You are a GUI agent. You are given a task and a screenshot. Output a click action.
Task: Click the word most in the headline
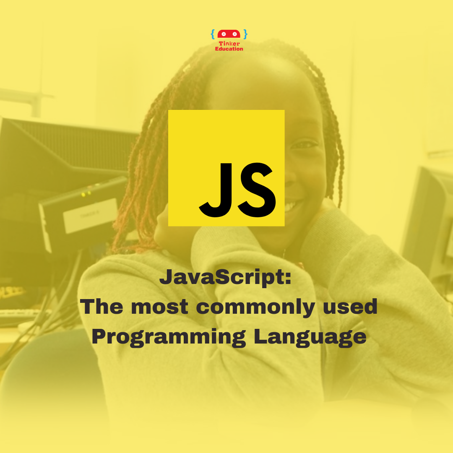pos(159,307)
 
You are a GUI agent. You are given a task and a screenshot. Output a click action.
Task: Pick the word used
pos(350,306)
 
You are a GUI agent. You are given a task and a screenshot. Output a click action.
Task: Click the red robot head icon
pos(229,34)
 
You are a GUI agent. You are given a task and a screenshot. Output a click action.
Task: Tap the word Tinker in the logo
pos(229,44)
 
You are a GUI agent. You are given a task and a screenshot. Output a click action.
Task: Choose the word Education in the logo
pos(229,49)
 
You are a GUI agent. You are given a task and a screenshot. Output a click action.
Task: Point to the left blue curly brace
pos(213,34)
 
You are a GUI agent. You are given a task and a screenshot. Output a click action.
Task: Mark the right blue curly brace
pos(245,34)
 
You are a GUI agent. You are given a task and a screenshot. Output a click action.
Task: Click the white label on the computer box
pos(91,215)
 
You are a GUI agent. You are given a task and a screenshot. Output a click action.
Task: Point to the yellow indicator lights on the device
pos(86,194)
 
